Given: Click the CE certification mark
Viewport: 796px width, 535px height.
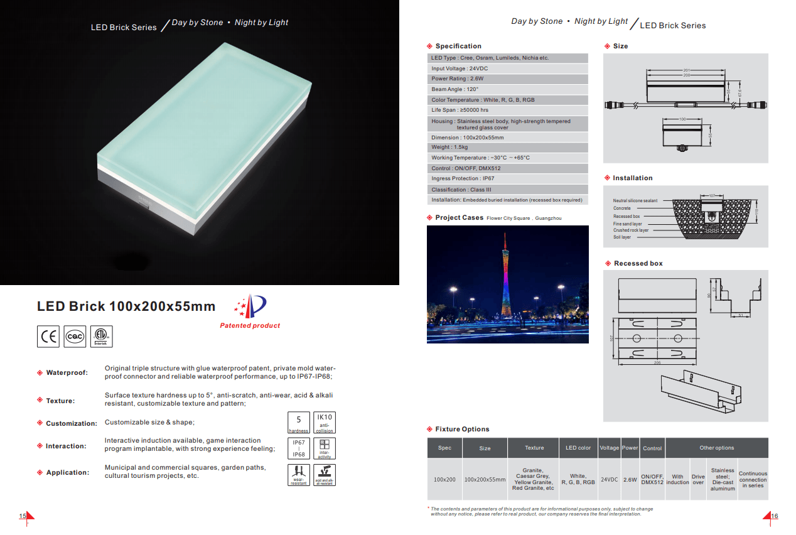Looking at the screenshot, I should click(x=48, y=337).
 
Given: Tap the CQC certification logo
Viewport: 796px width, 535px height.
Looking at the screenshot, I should click(x=75, y=337).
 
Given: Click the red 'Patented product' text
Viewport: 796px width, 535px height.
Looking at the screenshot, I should click(x=250, y=325).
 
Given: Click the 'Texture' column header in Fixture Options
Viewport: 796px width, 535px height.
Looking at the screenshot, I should click(x=534, y=448).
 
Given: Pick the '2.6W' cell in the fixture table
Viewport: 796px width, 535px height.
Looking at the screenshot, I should click(x=630, y=479).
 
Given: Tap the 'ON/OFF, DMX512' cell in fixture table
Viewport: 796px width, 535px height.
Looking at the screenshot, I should click(x=652, y=479).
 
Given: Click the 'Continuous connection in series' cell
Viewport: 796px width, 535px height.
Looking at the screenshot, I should click(x=753, y=479).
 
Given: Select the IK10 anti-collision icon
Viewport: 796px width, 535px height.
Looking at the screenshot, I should click(x=325, y=422).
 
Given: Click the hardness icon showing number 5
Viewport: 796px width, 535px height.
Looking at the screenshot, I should click(x=299, y=422).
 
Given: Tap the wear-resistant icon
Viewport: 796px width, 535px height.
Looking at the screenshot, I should click(x=299, y=474).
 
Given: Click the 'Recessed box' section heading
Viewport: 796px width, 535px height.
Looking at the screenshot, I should click(x=638, y=263).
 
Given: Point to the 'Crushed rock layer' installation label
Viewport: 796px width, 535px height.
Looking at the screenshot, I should click(x=631, y=230).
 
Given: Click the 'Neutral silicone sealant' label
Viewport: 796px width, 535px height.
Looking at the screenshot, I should click(x=635, y=201).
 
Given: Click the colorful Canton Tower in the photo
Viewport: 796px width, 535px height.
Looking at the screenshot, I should click(x=508, y=276).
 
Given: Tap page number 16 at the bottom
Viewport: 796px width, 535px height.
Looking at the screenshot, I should click(x=774, y=516).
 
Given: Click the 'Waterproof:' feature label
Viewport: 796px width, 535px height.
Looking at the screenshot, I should click(x=67, y=373).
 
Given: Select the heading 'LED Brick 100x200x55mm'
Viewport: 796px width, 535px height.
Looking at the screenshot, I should click(x=126, y=306).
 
